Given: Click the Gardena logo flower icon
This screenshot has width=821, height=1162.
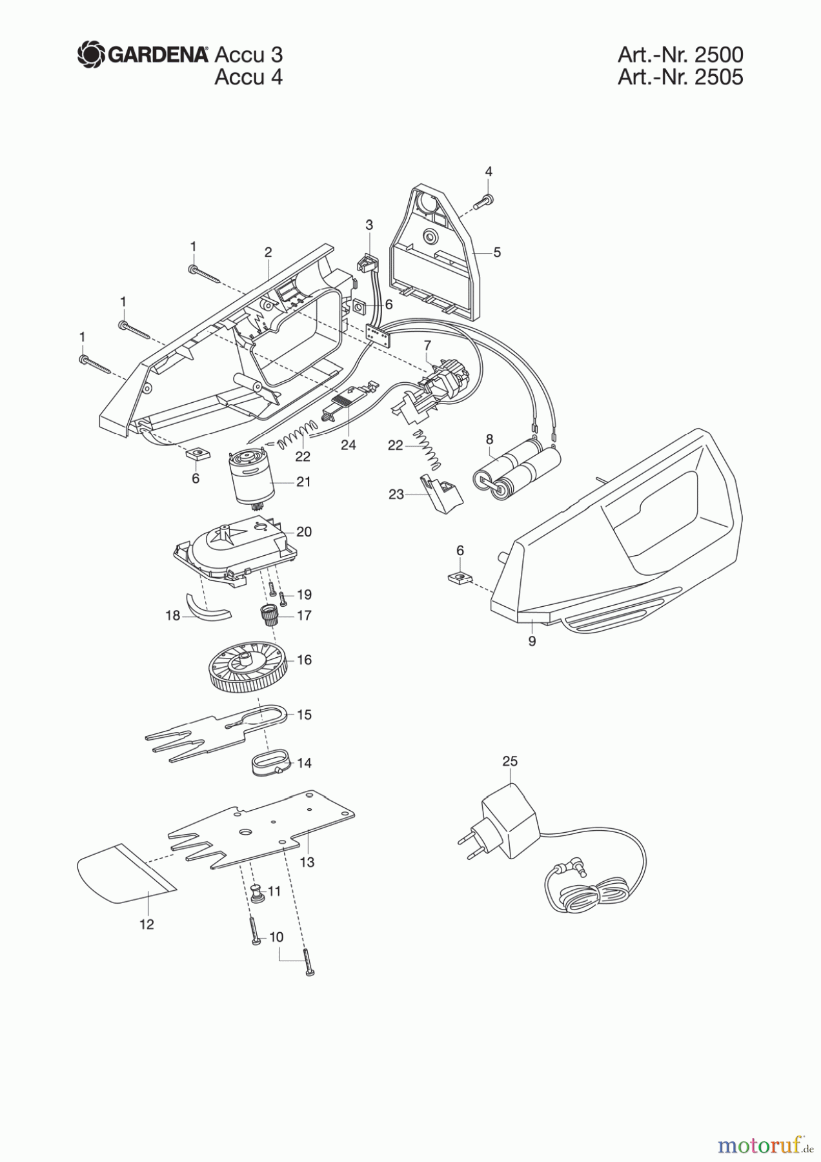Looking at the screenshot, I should (x=90, y=54).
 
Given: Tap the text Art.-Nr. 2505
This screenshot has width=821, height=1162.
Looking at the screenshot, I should (x=680, y=77).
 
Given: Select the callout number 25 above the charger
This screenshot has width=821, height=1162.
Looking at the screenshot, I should (x=510, y=762).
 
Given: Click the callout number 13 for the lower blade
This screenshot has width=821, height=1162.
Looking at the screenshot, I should (x=307, y=862).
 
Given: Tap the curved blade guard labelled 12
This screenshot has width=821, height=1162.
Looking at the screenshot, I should (x=123, y=871).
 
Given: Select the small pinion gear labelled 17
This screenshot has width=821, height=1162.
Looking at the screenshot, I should (x=268, y=615).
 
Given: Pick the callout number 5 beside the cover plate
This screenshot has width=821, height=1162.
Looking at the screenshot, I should (x=497, y=252).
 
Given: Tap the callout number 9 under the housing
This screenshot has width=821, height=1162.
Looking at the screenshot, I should (x=532, y=642).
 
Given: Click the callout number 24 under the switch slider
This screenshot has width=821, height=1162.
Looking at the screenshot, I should (x=349, y=445).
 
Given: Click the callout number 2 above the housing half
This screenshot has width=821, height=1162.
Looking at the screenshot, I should (x=268, y=252).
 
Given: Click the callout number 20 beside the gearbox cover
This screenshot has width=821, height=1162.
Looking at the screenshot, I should (x=303, y=531).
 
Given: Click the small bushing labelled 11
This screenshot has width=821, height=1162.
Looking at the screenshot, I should (x=258, y=895).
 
